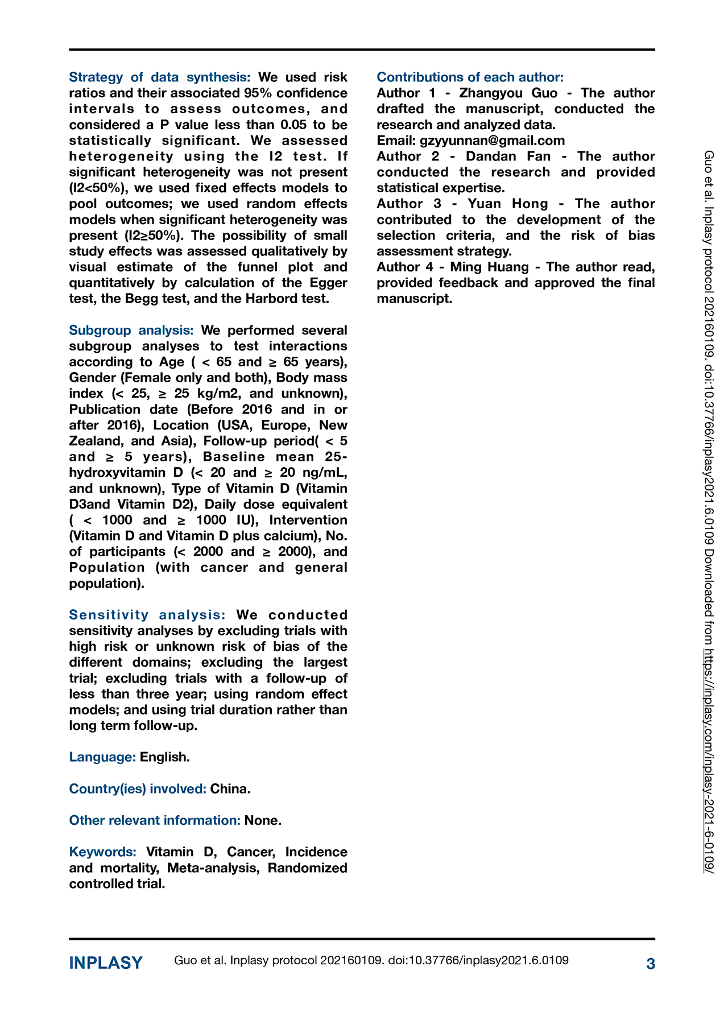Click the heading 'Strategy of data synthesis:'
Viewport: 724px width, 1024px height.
click(159, 77)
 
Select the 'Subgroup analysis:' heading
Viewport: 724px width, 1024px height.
click(131, 331)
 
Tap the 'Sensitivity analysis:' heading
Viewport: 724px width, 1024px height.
click(147, 615)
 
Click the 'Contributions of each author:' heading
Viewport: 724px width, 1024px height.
click(470, 77)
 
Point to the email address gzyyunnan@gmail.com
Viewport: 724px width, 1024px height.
click(492, 141)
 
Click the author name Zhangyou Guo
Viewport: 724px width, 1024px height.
click(508, 93)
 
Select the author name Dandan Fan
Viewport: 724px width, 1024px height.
click(508, 156)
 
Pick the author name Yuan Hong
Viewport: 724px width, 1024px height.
click(507, 204)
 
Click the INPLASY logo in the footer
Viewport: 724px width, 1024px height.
click(106, 963)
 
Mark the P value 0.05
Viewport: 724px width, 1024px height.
click(293, 125)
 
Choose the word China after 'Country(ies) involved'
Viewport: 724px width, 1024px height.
click(230, 789)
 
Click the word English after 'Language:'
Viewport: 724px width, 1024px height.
click(165, 757)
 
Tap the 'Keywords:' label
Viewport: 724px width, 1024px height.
click(102, 852)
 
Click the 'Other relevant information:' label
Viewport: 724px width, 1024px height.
click(155, 820)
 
